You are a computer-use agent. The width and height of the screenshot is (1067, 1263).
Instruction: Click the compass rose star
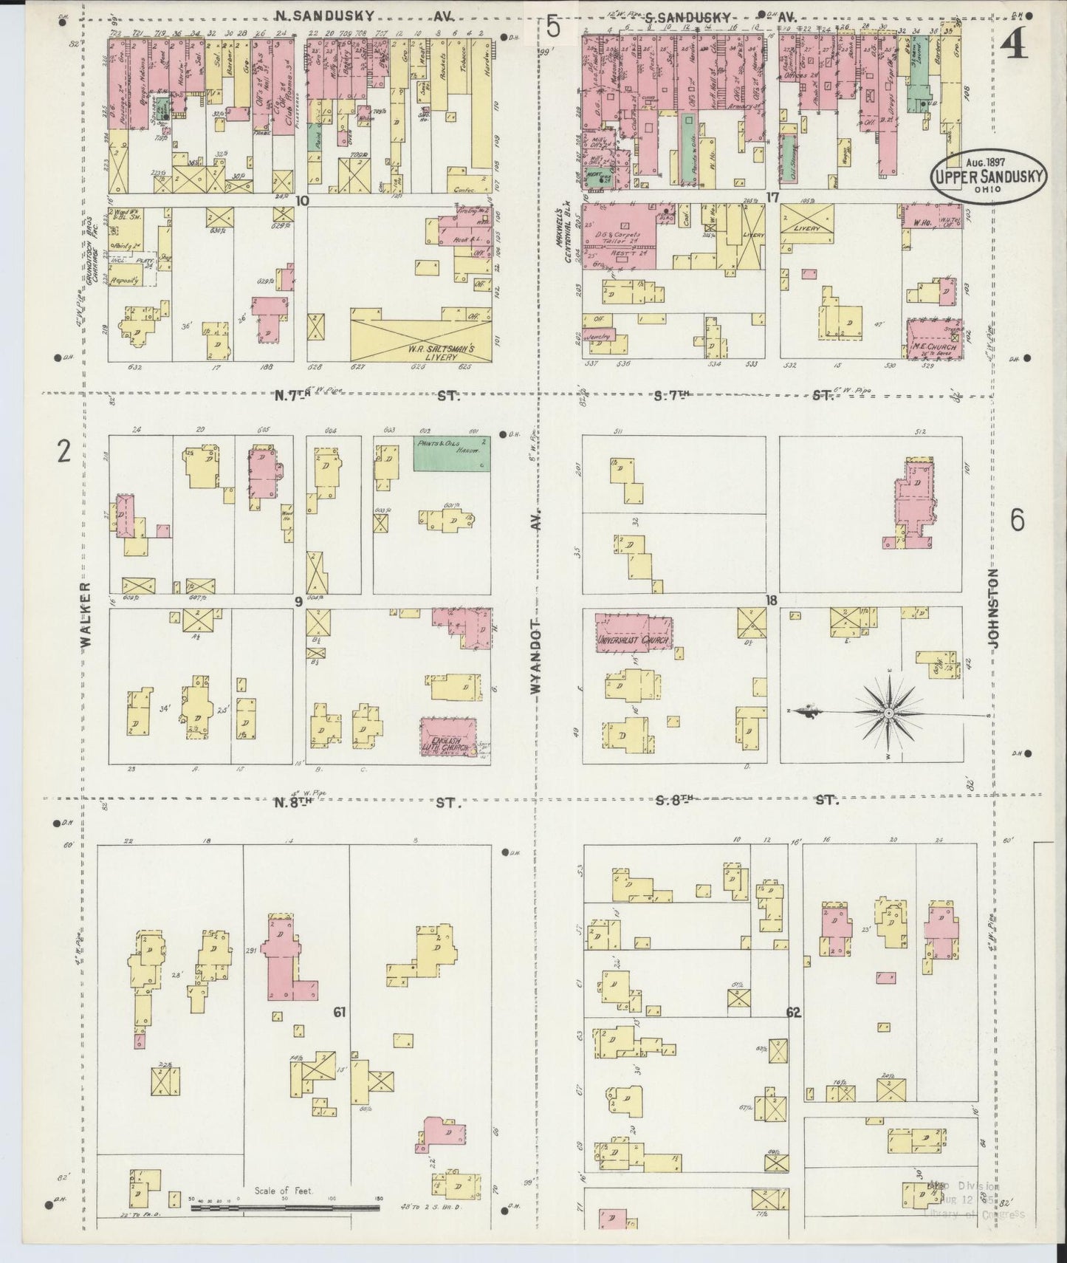[x=889, y=713]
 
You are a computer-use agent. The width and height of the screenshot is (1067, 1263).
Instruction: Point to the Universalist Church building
[x=634, y=632]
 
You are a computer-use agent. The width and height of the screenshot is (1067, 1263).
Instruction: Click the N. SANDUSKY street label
[x=323, y=15]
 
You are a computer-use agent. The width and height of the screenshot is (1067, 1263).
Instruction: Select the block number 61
[x=339, y=1013]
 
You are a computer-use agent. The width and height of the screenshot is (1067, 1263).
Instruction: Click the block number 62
[x=794, y=1013]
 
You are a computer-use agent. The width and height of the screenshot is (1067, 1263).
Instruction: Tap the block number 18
[x=772, y=600]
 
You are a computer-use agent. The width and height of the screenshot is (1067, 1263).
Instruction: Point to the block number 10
[x=301, y=200]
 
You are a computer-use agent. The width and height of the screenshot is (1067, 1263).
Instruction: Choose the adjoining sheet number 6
[x=1017, y=521]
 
